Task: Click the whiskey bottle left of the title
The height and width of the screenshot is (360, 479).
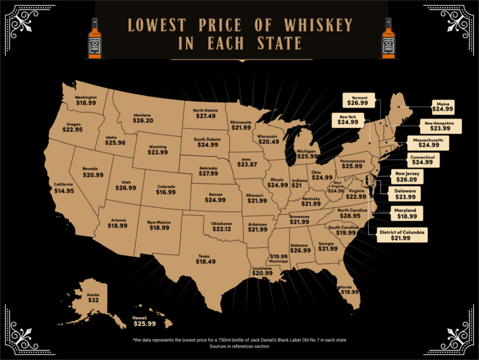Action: click(x=95, y=36)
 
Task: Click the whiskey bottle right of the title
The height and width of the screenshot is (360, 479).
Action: click(x=387, y=36)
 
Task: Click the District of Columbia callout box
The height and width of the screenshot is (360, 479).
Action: click(x=401, y=235)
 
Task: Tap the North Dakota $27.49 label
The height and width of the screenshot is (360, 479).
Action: click(x=209, y=115)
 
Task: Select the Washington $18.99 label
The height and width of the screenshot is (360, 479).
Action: click(x=90, y=102)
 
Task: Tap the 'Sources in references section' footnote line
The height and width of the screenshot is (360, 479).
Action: click(x=240, y=347)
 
